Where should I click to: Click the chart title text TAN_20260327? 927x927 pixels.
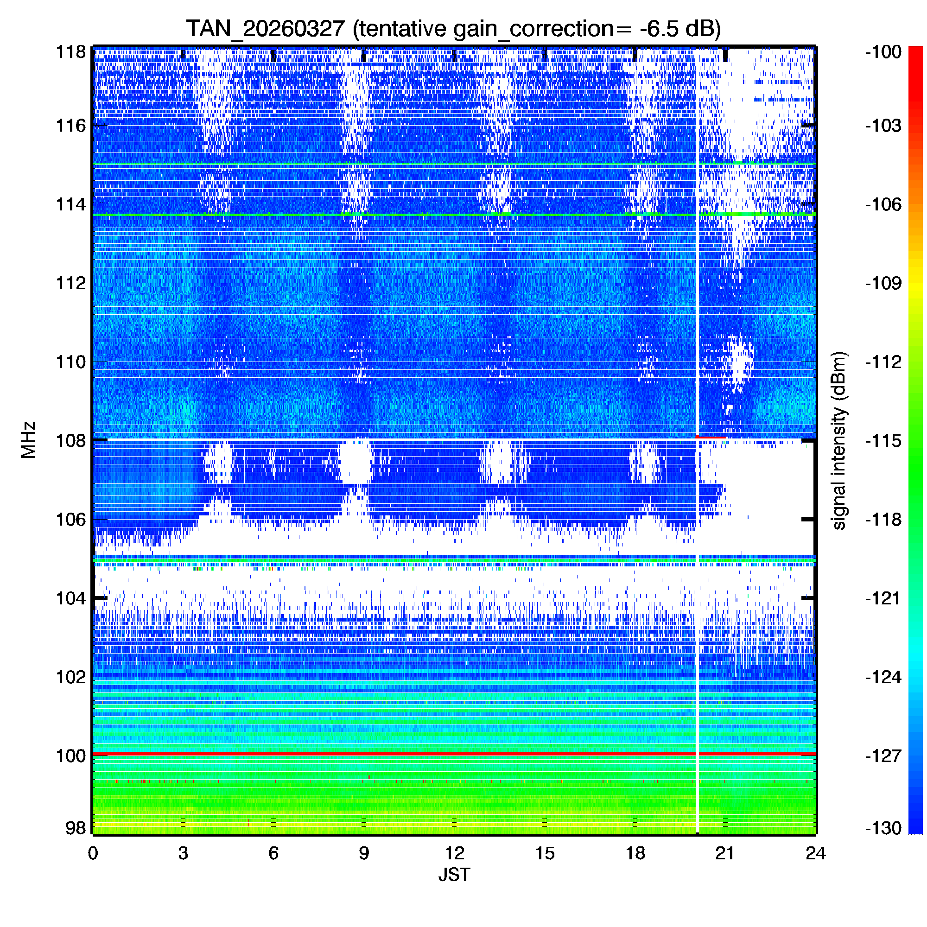[x=265, y=29]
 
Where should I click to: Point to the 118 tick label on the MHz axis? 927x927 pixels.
[x=71, y=52]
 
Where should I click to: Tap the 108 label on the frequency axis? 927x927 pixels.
[x=71, y=440]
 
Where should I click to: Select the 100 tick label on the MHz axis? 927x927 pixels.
[x=71, y=756]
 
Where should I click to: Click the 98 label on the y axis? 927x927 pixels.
[x=76, y=828]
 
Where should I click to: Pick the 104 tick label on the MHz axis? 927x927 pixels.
[x=71, y=598]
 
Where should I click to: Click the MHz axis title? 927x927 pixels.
[x=28, y=440]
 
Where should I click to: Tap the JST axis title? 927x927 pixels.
[x=454, y=875]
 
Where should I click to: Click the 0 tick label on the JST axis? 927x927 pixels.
[x=93, y=853]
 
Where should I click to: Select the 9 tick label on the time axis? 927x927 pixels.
[x=364, y=853]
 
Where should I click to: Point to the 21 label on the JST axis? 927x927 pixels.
[x=725, y=853]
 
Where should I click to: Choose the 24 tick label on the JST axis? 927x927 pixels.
[x=815, y=853]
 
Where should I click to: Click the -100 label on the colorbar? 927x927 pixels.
[x=883, y=52]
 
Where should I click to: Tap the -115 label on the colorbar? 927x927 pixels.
[x=883, y=440]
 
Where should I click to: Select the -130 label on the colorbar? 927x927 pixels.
[x=883, y=828]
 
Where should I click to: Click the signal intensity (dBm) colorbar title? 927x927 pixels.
[x=839, y=440]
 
